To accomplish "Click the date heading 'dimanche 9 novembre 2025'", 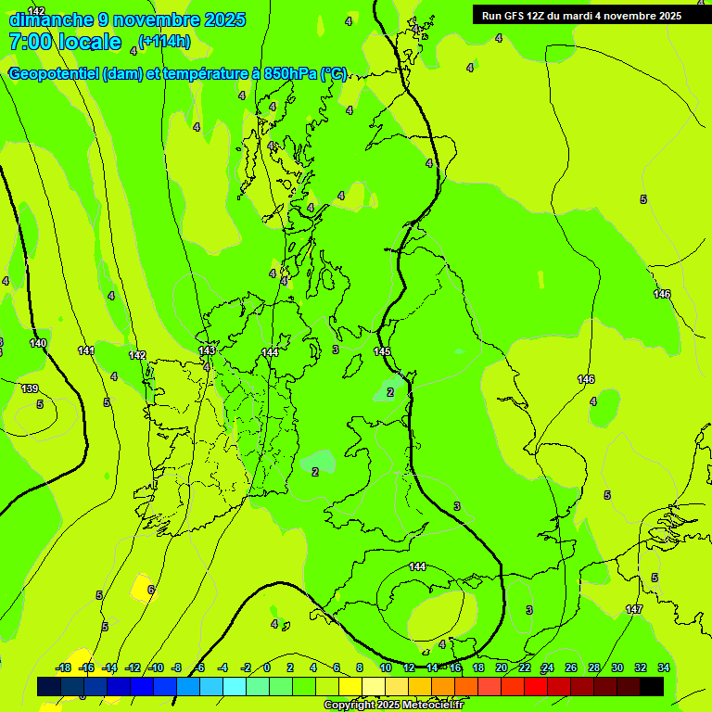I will [x=127, y=19].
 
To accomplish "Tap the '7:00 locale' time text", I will [x=65, y=42].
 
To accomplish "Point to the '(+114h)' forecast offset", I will [x=164, y=41].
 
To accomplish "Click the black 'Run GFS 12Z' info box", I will [x=581, y=15].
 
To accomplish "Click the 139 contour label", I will [x=30, y=388].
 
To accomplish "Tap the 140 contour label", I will [x=37, y=343].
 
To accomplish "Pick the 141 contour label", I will [x=86, y=350].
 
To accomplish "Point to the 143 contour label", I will [x=207, y=350].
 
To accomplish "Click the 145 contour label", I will [x=382, y=351].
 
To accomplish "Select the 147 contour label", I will [x=634, y=609].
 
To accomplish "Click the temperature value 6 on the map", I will [x=151, y=590].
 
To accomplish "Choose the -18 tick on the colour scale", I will [x=63, y=667].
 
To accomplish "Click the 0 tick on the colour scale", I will [x=266, y=667].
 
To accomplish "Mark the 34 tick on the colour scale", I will [x=663, y=667].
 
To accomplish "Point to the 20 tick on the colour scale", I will [x=502, y=667].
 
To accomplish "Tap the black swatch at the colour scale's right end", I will [x=652, y=686].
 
